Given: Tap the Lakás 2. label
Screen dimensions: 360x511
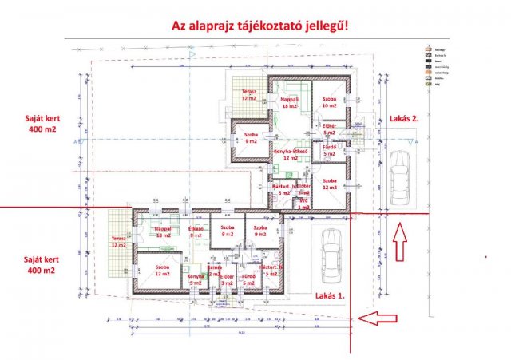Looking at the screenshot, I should tap(404, 118).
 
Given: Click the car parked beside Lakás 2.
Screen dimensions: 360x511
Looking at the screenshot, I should tap(399, 176).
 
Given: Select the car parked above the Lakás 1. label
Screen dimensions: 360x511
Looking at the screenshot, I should tap(330, 255).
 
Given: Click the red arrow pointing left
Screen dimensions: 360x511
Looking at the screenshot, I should tap(378, 319).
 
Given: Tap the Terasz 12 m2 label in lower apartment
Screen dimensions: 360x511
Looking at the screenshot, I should tap(119, 242).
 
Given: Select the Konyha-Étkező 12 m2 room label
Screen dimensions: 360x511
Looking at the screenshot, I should tap(289, 154).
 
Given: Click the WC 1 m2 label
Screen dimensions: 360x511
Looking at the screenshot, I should tap(303, 204).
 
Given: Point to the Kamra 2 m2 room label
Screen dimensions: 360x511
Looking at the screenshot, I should tap(214, 270).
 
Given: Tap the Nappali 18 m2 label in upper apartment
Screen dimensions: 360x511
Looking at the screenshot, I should tap(289, 102).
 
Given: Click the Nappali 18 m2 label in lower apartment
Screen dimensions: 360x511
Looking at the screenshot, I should tap(163, 232).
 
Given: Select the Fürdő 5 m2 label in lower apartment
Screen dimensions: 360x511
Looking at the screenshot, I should tap(248, 279).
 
